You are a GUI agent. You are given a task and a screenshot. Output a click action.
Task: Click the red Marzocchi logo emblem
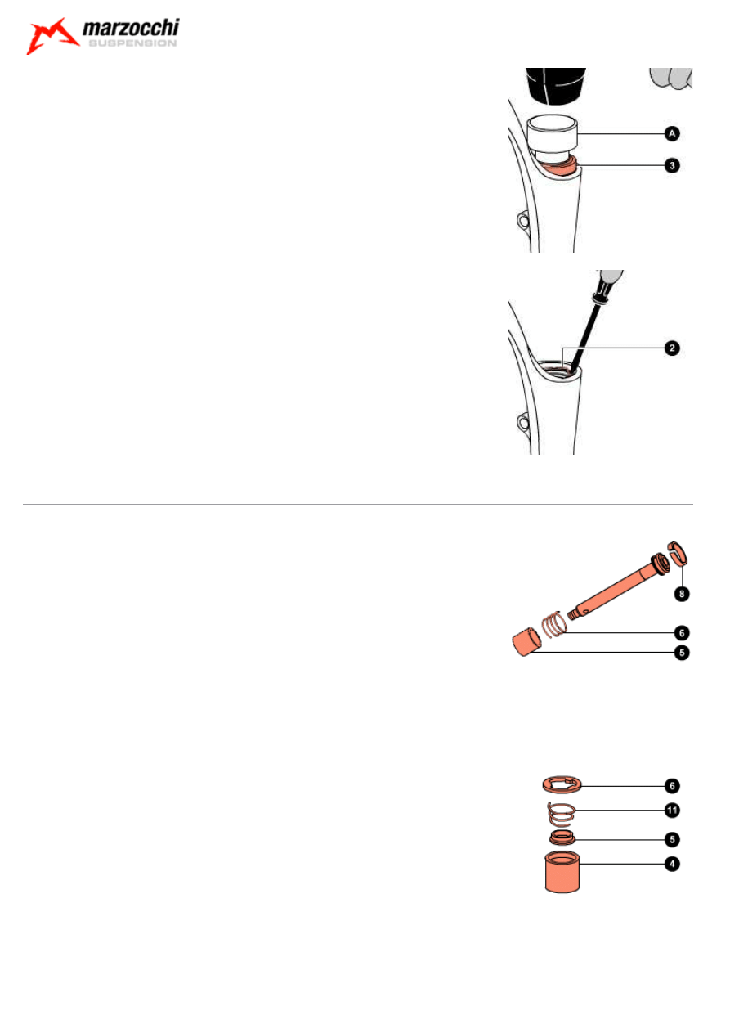tap(51, 36)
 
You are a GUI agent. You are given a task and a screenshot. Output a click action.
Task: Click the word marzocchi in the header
tap(131, 28)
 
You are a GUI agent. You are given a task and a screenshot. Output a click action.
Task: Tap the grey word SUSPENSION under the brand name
tap(132, 43)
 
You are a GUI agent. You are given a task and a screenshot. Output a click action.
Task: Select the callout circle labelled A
tap(672, 134)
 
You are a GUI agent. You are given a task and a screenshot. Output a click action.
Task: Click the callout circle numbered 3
tap(672, 165)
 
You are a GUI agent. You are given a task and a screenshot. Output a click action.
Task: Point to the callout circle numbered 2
tap(672, 348)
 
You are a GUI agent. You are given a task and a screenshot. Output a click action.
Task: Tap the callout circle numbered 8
tap(682, 594)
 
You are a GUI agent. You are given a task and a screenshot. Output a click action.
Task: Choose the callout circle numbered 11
tap(672, 811)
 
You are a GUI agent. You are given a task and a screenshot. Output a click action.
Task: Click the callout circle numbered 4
tap(672, 864)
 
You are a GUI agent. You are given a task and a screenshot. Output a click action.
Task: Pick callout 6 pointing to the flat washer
tap(672, 786)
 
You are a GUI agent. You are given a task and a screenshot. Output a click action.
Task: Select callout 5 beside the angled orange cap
tap(682, 653)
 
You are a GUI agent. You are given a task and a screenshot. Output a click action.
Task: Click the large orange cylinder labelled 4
tap(562, 873)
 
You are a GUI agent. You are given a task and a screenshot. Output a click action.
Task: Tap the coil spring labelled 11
tap(562, 815)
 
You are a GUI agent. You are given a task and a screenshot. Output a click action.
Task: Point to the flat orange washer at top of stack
tap(562, 785)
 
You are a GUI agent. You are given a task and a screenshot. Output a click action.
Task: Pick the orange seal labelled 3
tap(560, 167)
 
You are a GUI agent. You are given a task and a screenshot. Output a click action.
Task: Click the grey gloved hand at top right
tap(671, 79)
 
